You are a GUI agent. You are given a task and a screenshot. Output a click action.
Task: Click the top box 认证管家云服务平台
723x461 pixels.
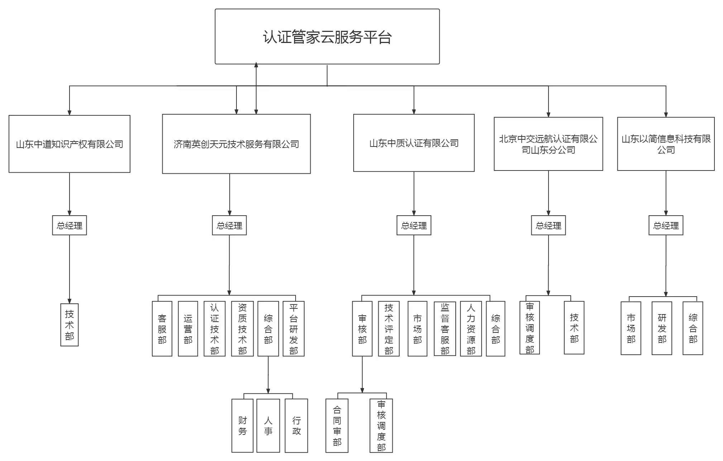327,37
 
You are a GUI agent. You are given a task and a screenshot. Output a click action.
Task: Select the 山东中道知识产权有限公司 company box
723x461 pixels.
69,144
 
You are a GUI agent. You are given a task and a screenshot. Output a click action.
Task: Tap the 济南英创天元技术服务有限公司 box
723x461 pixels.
236,144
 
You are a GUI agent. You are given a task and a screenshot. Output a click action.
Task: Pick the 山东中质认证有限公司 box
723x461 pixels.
413,143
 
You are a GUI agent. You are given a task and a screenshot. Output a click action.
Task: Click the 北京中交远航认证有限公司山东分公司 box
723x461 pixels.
548,144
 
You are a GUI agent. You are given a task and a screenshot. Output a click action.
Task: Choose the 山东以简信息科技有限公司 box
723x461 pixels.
665,144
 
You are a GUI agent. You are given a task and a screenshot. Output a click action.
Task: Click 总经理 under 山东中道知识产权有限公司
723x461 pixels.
69,225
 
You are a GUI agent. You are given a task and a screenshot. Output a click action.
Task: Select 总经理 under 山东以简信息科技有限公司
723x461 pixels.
665,225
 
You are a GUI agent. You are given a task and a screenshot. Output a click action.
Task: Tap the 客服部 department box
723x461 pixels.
162,328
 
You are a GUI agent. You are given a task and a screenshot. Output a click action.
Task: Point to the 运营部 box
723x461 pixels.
188,328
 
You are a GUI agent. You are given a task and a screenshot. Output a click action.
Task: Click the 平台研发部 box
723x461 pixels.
293,328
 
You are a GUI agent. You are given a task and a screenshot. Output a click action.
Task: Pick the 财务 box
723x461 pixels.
242,425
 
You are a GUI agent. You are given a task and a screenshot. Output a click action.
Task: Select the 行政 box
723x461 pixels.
296,425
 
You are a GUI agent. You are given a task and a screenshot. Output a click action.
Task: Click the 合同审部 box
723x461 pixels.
337,425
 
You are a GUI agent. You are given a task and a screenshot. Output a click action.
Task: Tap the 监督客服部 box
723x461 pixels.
445,328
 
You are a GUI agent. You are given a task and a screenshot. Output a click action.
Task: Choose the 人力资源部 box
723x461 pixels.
471,328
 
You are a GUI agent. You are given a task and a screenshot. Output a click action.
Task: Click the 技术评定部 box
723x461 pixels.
388,328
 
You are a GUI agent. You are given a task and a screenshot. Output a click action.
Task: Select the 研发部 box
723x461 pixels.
661,328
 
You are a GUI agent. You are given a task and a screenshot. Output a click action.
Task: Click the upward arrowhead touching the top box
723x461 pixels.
256,65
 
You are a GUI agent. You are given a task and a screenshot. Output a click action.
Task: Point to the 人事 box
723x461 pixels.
268,425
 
